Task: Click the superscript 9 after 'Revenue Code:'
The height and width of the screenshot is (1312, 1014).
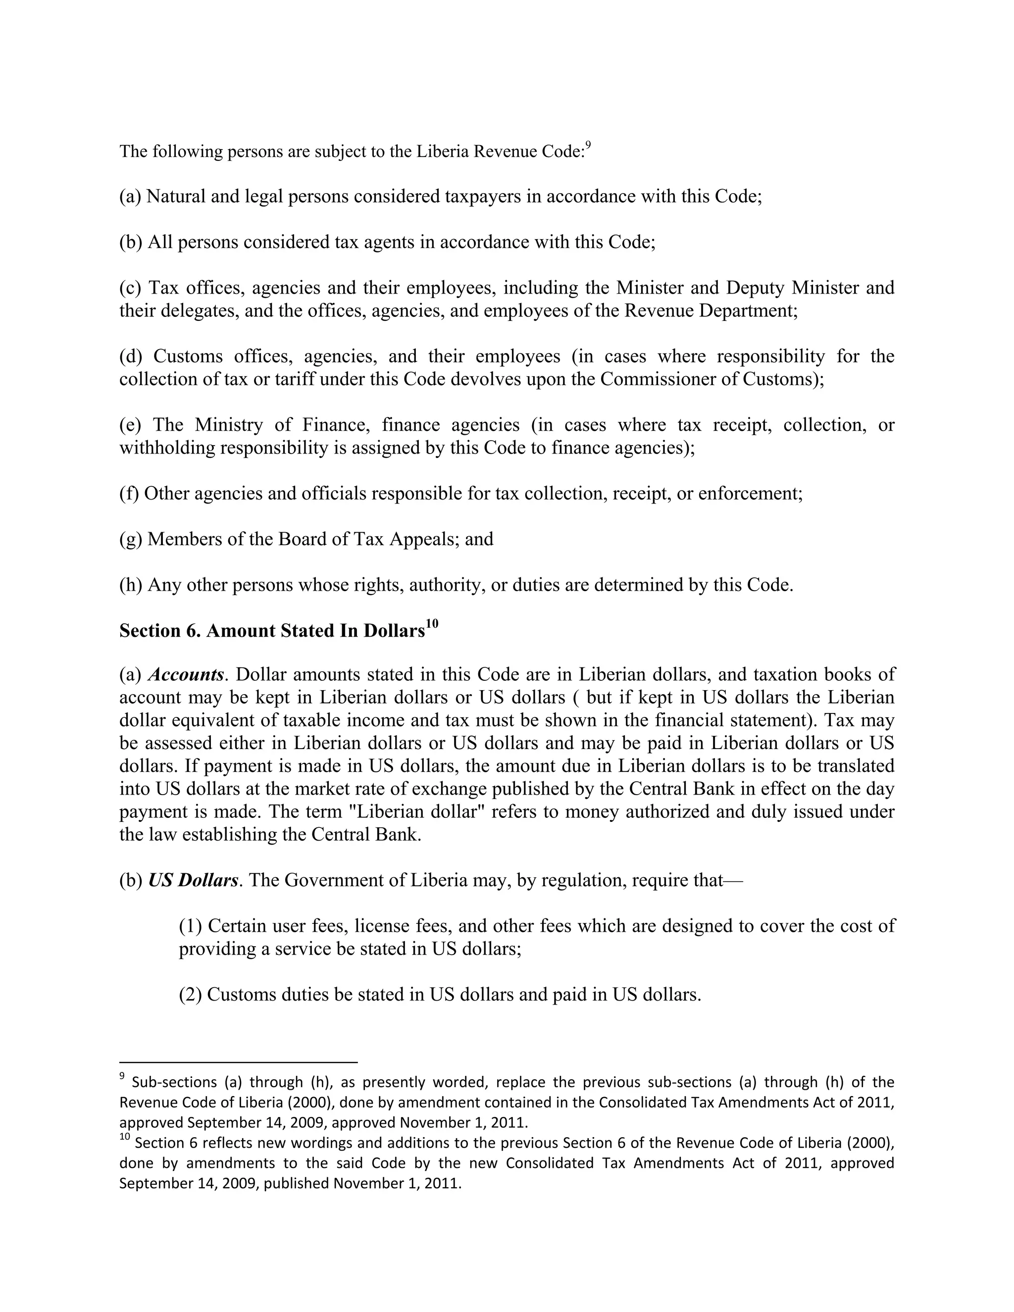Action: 588,146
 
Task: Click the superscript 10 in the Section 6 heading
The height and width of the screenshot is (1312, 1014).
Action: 432,624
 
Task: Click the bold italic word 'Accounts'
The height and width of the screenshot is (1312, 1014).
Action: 186,675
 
